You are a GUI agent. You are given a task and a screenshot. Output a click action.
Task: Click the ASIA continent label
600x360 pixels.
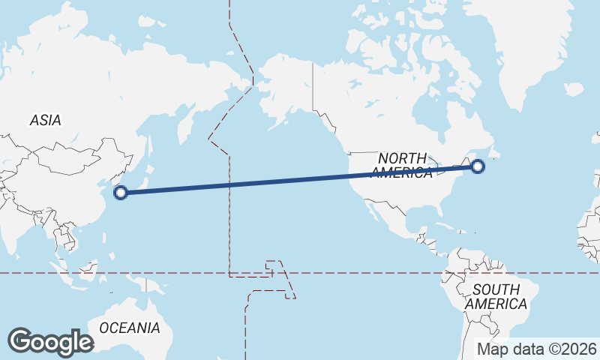point(46,120)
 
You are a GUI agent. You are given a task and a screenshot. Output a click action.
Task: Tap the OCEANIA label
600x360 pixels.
point(130,328)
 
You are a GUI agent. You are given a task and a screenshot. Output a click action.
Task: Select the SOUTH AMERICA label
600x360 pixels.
point(496,297)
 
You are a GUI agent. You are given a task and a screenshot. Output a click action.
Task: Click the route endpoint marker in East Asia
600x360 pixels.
point(120,193)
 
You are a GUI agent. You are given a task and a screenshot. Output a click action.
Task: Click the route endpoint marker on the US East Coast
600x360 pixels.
point(478,166)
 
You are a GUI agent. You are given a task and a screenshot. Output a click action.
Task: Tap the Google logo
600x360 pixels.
point(50,342)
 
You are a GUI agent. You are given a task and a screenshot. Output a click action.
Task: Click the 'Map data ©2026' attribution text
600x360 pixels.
point(537,349)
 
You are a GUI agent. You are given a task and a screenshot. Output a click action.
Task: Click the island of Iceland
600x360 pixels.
point(573,89)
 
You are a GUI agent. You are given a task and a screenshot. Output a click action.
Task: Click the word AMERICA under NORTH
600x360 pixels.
point(403,173)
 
